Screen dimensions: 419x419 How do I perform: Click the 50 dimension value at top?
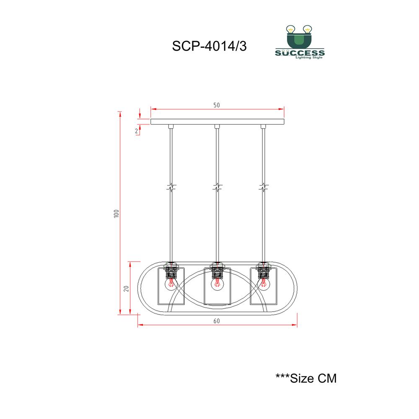[217, 105]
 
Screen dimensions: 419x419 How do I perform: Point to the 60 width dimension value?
[216, 321]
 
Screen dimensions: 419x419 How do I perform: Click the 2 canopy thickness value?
[137, 131]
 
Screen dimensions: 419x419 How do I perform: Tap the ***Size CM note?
[306, 378]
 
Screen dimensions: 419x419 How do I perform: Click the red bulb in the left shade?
[171, 285]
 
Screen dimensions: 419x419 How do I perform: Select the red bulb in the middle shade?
[217, 285]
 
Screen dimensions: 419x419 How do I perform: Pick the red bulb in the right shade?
[264, 285]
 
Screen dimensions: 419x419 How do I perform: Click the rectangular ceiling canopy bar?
[217, 122]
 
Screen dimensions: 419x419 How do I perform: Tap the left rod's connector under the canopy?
[171, 127]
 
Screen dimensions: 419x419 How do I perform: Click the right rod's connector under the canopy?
[264, 127]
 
